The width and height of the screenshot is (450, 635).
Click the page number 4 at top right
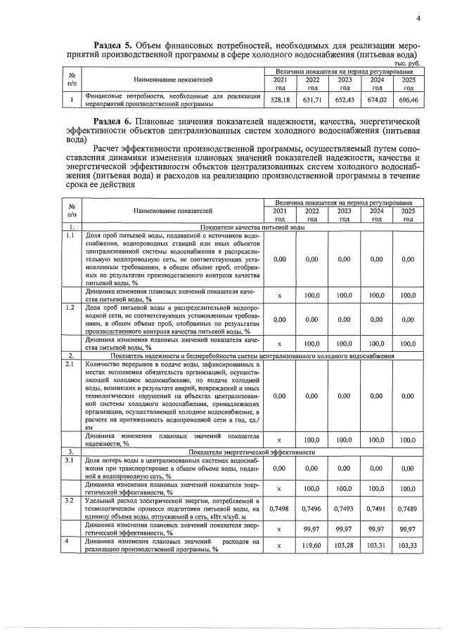click(x=418, y=18)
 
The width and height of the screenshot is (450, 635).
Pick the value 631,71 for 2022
click(x=313, y=100)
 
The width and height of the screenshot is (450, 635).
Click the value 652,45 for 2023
click(x=345, y=100)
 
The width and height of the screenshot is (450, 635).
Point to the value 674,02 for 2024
click(x=377, y=100)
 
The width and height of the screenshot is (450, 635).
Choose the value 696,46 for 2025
click(x=408, y=100)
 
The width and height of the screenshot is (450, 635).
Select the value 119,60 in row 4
click(x=311, y=545)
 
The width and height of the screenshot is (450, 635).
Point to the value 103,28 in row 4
click(x=344, y=545)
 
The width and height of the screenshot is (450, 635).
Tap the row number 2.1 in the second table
click(x=70, y=364)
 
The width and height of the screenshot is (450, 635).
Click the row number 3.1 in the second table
click(x=70, y=461)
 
